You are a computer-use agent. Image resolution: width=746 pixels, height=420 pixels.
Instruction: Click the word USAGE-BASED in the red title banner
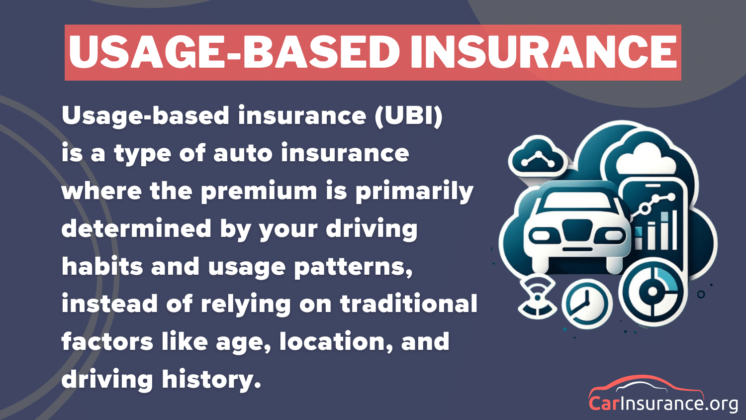[234, 52]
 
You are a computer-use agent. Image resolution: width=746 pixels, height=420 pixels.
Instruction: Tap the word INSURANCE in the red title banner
[543, 52]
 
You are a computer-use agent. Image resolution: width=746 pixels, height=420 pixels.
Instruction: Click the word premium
[259, 192]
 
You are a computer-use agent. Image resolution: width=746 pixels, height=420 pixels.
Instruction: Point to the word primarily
[414, 192]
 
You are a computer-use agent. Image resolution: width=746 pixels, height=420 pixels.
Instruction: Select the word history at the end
[211, 380]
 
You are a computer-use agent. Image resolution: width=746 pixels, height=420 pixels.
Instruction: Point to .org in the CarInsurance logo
[721, 403]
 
